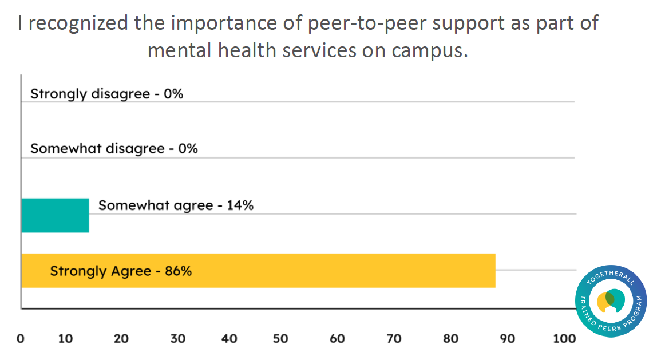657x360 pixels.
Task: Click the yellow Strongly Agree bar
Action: [343, 271]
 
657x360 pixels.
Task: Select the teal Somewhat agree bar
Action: [55, 215]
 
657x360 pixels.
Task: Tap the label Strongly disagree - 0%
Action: [106, 94]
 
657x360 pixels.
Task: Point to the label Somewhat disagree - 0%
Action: [114, 149]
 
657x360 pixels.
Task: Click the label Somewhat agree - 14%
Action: [176, 205]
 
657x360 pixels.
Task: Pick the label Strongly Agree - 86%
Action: [121, 271]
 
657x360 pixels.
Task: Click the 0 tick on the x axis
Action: [21, 338]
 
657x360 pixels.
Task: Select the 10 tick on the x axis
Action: [66, 338]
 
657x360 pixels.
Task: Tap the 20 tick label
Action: [121, 338]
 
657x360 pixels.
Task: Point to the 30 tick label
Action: [178, 338]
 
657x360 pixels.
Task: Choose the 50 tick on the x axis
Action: [280, 338]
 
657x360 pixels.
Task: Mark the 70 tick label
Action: [394, 338]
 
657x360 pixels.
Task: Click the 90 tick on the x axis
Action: [507, 338]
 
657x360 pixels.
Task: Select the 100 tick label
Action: [564, 338]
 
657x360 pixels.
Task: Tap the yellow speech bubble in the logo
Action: [604, 302]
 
